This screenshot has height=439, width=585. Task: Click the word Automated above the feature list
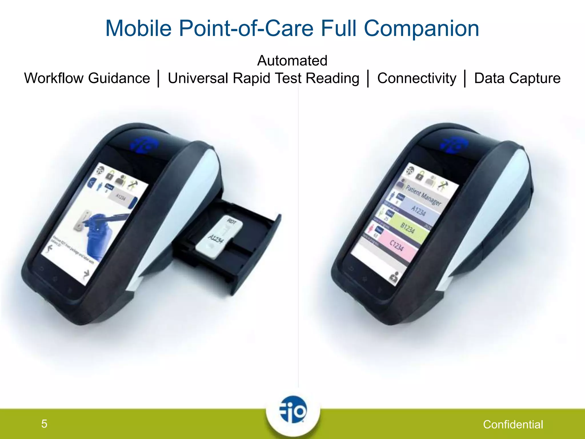tap(292, 61)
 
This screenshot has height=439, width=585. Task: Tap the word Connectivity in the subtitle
tap(417, 78)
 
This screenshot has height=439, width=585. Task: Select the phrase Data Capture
tap(517, 78)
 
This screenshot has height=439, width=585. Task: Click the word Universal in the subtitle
tap(198, 78)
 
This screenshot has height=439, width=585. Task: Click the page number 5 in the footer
tap(44, 424)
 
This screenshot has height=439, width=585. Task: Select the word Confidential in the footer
tap(513, 425)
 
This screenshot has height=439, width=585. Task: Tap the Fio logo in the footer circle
tap(293, 410)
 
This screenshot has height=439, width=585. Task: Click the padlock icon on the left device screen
tap(111, 175)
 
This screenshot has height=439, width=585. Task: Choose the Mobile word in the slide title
tap(138, 29)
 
